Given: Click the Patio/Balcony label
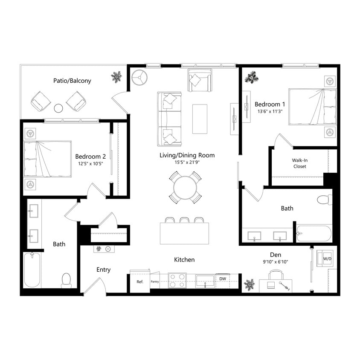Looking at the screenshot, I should pyautogui.click(x=72, y=81).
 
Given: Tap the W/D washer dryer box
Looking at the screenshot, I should pyautogui.click(x=327, y=258).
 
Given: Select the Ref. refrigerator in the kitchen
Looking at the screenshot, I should pyautogui.click(x=139, y=282).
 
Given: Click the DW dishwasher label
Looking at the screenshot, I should pyautogui.click(x=222, y=279).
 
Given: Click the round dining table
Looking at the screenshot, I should pyautogui.click(x=185, y=187).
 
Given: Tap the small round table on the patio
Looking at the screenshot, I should pyautogui.click(x=58, y=108).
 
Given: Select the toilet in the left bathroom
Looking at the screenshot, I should pyautogui.click(x=66, y=280).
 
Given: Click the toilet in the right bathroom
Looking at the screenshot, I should pyautogui.click(x=324, y=199).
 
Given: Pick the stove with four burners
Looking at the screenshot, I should pyautogui.click(x=177, y=281).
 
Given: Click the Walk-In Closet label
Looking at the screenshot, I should pyautogui.click(x=299, y=163).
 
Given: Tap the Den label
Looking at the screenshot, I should pyautogui.click(x=276, y=255).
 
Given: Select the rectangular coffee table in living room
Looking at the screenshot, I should pyautogui.click(x=200, y=119).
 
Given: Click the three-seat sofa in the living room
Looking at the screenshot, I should pyautogui.click(x=169, y=119).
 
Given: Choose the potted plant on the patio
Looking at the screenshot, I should pyautogui.click(x=116, y=77).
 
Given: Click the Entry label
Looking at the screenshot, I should pyautogui.click(x=103, y=270).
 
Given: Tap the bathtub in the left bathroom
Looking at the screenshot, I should pyautogui.click(x=32, y=270).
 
